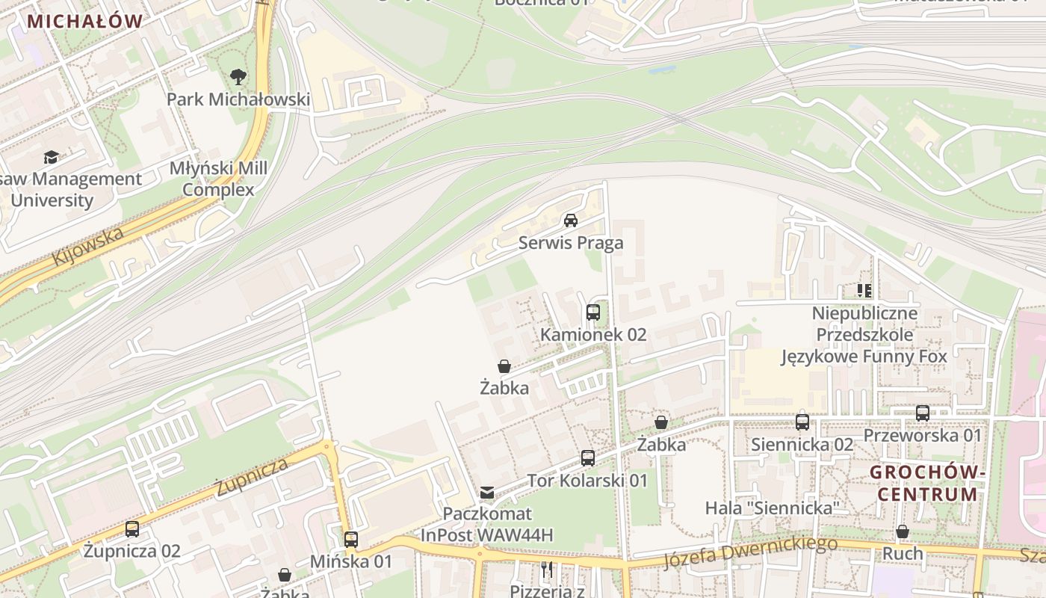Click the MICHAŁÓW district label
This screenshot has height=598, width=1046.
pos(84,21)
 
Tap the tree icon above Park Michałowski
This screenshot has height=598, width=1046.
pos(238,76)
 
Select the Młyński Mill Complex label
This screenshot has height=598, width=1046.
pos(218,179)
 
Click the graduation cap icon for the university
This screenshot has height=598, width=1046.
pos(51,157)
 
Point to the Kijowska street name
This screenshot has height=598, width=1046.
pos(87,246)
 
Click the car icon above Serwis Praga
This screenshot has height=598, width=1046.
pos(571,220)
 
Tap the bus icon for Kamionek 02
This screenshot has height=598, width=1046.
pos(593,312)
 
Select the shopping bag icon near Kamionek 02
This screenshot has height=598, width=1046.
pos(504,366)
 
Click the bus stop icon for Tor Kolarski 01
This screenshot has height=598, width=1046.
pos(588,458)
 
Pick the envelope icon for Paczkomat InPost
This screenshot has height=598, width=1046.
pos(487,492)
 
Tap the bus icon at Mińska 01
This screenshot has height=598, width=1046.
pos(351,539)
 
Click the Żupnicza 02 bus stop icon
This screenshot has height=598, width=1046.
pos(132,529)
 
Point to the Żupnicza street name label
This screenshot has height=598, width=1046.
pos(251,476)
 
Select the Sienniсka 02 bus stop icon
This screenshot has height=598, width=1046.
pos(802,422)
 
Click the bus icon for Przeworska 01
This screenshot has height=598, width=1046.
pos(923,413)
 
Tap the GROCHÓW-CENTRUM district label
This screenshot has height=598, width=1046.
pos(926,483)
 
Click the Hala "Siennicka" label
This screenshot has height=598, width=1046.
pos(773,508)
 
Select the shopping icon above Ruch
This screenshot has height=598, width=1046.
pos(903,531)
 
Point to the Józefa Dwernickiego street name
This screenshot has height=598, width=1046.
pos(750,552)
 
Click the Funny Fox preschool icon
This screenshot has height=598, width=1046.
pos(864,290)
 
